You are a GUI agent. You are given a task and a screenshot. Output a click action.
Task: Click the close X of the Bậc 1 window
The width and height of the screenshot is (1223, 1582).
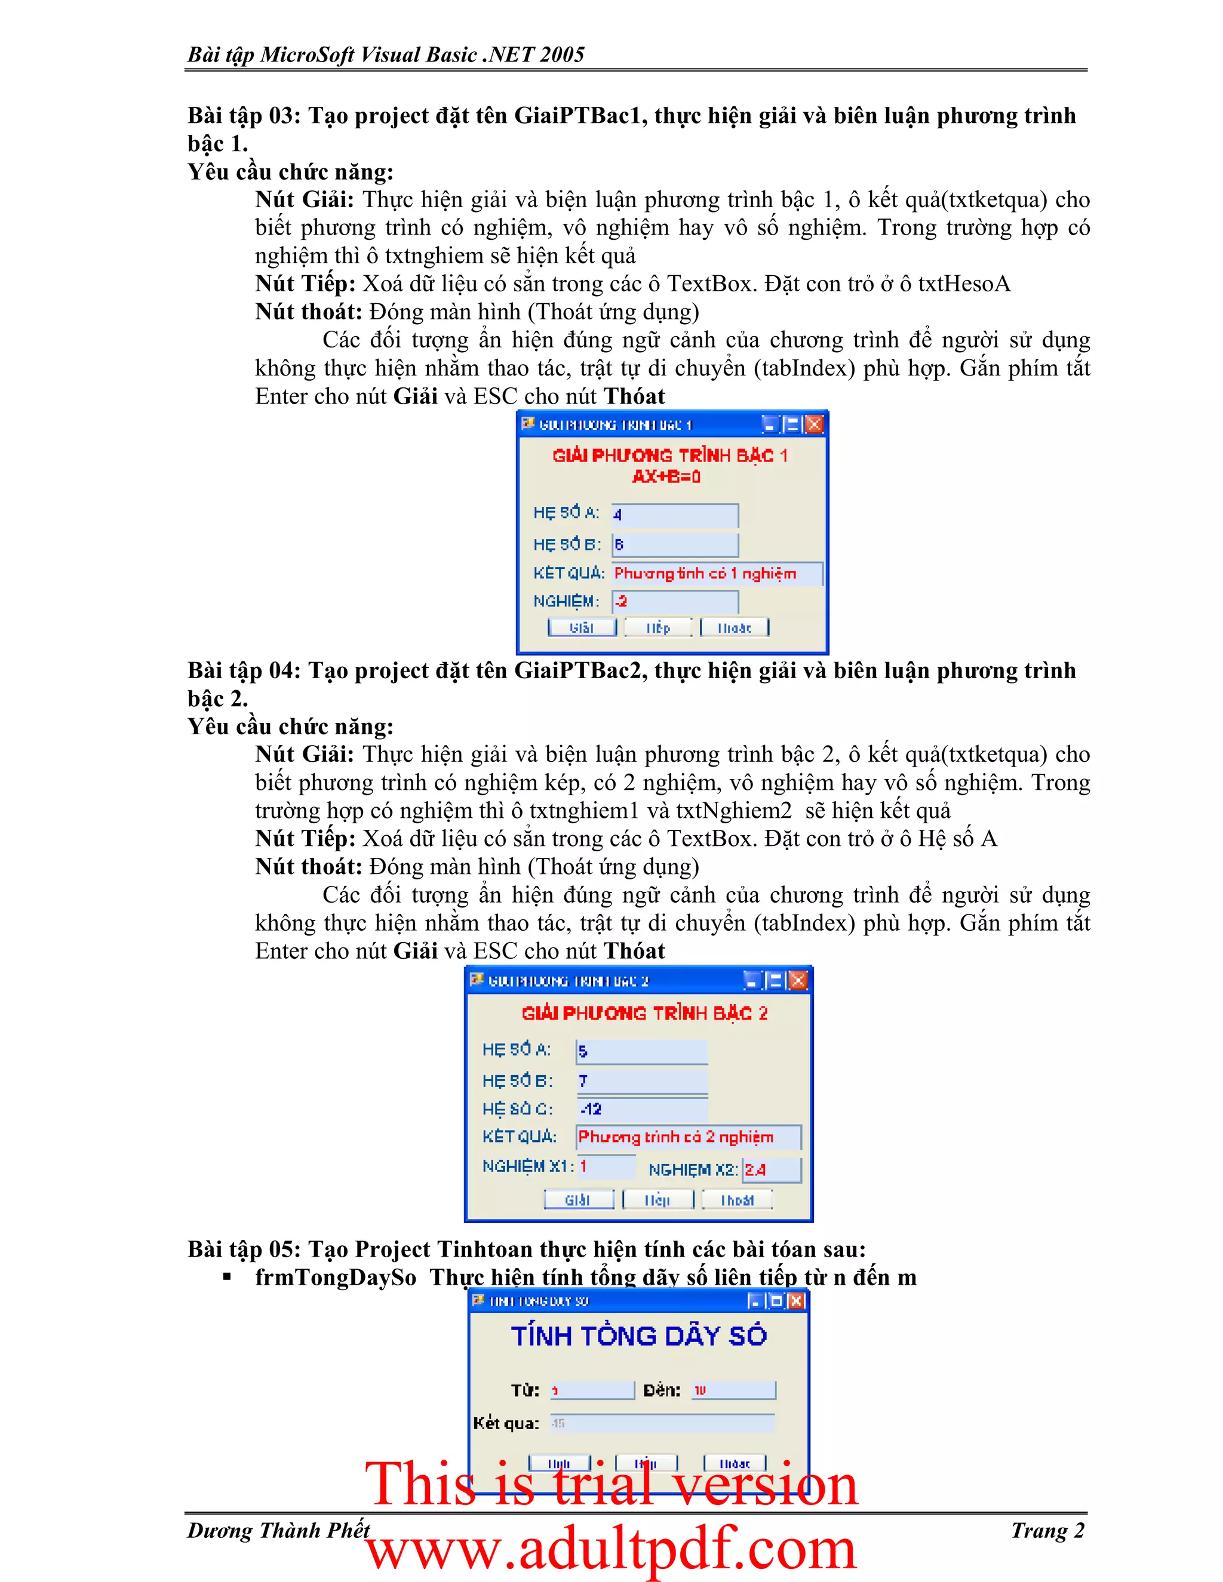815,424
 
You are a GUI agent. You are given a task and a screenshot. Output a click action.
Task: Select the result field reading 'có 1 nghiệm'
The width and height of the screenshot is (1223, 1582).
717,574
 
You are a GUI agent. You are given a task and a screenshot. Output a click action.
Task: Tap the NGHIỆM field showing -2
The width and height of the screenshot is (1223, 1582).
675,601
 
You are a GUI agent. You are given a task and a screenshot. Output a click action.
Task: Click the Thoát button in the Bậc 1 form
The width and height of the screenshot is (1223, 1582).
734,627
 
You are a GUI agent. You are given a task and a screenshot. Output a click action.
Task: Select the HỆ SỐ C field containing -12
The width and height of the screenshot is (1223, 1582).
642,1108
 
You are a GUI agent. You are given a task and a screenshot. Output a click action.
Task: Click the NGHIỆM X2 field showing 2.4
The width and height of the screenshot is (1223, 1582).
772,1169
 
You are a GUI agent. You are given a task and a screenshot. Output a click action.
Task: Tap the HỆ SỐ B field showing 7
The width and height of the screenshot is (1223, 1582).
642,1081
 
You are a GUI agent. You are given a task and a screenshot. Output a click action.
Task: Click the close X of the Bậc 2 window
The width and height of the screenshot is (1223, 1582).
798,981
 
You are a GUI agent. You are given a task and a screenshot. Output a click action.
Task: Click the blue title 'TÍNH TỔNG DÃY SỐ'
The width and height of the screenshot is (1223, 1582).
638,1335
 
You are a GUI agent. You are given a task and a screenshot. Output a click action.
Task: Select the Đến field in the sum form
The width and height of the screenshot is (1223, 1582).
733,1390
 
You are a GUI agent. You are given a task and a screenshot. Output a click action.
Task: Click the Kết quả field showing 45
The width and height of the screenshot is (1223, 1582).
662,1423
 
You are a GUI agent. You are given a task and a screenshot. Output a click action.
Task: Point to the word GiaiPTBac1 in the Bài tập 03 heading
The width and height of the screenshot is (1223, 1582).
580,116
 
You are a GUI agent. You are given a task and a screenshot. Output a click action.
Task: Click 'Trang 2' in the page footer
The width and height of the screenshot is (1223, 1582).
1047,1531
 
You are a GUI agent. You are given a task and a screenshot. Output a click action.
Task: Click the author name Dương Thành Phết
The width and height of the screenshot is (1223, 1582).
278,1531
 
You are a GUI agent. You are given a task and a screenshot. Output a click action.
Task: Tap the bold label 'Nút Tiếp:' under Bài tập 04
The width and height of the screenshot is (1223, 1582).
305,839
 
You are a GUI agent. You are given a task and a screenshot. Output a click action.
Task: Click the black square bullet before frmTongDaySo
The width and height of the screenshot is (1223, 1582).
227,1277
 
